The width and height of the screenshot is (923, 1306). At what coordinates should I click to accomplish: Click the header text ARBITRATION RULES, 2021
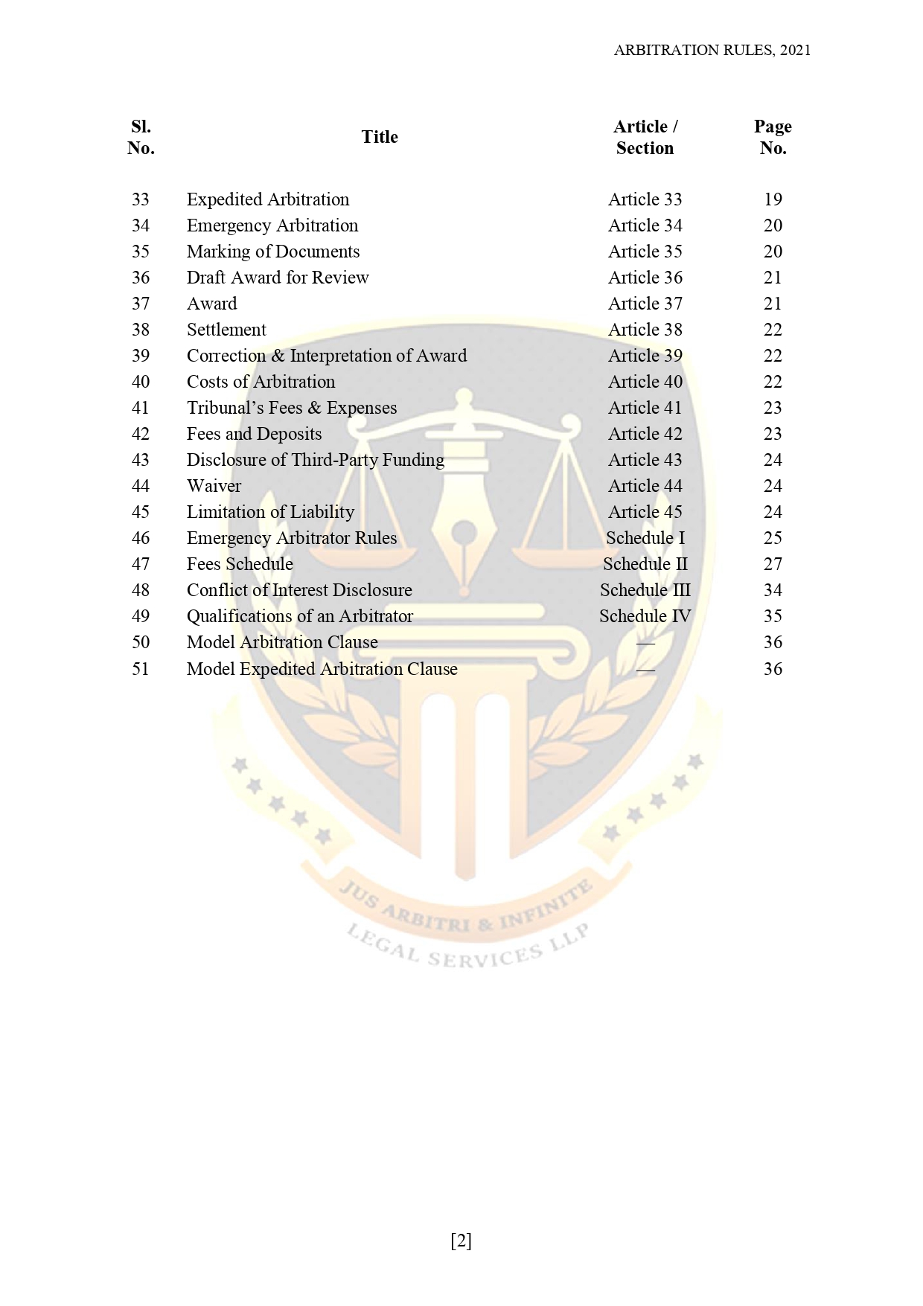coord(712,50)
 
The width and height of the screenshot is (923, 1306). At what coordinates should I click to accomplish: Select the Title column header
coord(380,137)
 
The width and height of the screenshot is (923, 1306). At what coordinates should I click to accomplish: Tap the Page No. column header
coord(773,137)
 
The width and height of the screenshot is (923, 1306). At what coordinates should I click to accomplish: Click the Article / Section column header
coord(645,137)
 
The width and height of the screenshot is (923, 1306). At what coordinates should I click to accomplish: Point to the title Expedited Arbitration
coord(268,199)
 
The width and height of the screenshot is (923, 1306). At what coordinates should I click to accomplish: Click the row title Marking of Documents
coord(273,252)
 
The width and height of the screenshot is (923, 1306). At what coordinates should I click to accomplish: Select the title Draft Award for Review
coord(278,278)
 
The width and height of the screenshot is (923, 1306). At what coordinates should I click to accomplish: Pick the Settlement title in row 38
coord(226,330)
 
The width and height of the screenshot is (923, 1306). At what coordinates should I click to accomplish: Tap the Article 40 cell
coord(645,382)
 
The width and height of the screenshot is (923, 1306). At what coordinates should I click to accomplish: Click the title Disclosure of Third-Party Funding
coord(316,460)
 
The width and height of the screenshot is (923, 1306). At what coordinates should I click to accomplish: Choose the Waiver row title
coord(214,486)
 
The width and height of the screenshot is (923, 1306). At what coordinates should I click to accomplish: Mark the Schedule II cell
coord(645,564)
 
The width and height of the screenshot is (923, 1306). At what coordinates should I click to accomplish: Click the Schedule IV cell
coord(645,616)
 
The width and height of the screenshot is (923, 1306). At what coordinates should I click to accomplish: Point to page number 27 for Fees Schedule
coord(773,564)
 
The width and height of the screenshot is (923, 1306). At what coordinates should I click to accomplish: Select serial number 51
coord(141,669)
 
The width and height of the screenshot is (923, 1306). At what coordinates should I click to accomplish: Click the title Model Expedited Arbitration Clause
coord(322,669)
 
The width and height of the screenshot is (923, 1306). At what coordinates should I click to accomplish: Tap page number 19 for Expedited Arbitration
coord(773,199)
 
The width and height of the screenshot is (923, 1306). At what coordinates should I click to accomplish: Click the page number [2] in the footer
coord(461,1241)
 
